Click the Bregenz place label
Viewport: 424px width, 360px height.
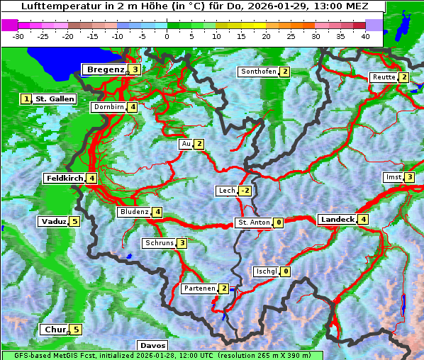click(x=105, y=69)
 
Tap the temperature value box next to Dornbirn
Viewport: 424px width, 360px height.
click(x=133, y=107)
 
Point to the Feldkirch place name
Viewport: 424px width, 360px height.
click(x=65, y=178)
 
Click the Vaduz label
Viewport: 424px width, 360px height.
click(x=53, y=221)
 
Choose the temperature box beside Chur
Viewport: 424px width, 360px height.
click(x=75, y=330)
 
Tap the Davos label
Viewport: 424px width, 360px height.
click(x=152, y=345)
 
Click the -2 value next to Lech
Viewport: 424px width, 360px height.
click(x=245, y=191)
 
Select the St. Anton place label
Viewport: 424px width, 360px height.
click(x=253, y=223)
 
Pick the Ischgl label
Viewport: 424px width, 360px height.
click(x=266, y=271)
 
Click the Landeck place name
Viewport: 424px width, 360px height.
click(x=337, y=220)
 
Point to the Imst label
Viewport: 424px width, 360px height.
click(x=392, y=177)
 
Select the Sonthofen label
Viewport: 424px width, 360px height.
click(x=258, y=72)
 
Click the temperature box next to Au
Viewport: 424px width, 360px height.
click(x=199, y=144)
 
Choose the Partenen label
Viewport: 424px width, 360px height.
click(x=199, y=288)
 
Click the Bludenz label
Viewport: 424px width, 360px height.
click(x=134, y=212)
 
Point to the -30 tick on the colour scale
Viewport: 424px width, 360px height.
click(x=18, y=35)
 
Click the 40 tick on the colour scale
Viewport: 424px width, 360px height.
click(x=365, y=35)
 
